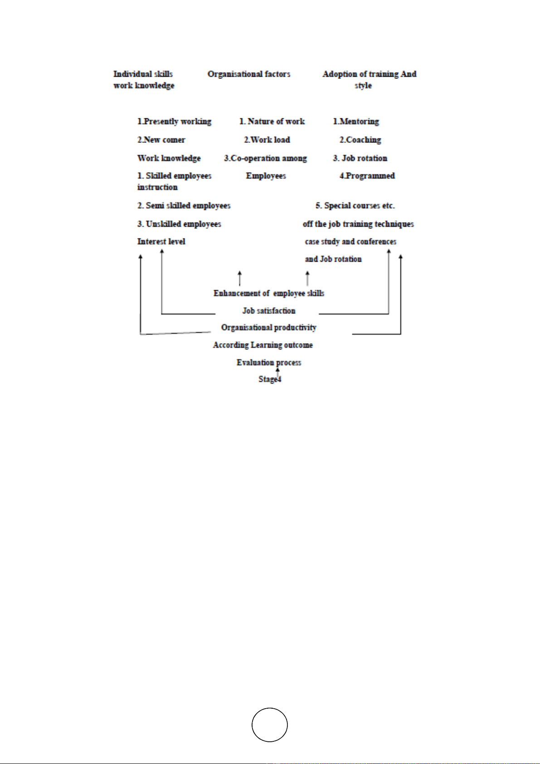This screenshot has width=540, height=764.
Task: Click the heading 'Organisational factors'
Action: [x=248, y=74]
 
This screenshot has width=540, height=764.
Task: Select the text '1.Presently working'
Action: [x=174, y=122]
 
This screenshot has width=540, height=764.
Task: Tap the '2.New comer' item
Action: [x=161, y=140]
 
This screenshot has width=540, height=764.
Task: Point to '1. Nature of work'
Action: [x=272, y=122]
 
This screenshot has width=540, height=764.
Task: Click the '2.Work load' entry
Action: [x=267, y=140]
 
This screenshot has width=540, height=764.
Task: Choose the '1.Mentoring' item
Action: [x=356, y=122]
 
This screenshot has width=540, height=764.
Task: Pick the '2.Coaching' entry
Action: [x=360, y=140]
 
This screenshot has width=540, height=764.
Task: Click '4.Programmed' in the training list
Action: [x=367, y=176]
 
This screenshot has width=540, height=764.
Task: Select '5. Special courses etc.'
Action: [x=355, y=206]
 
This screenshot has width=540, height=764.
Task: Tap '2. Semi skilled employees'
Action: [x=184, y=206]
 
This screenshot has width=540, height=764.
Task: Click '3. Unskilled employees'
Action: [x=179, y=224]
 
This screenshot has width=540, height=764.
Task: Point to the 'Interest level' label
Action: [x=161, y=242]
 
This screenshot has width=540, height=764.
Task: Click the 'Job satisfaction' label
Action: [x=269, y=311]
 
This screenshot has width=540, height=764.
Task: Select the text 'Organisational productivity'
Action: [x=269, y=328]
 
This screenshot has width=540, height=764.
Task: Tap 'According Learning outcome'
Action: [x=263, y=345]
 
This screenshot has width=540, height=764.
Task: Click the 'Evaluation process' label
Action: [x=269, y=363]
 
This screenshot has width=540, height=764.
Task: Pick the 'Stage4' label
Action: [x=270, y=379]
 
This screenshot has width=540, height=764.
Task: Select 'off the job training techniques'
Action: [x=358, y=224]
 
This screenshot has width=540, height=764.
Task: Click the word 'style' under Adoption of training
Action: [x=363, y=86]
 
